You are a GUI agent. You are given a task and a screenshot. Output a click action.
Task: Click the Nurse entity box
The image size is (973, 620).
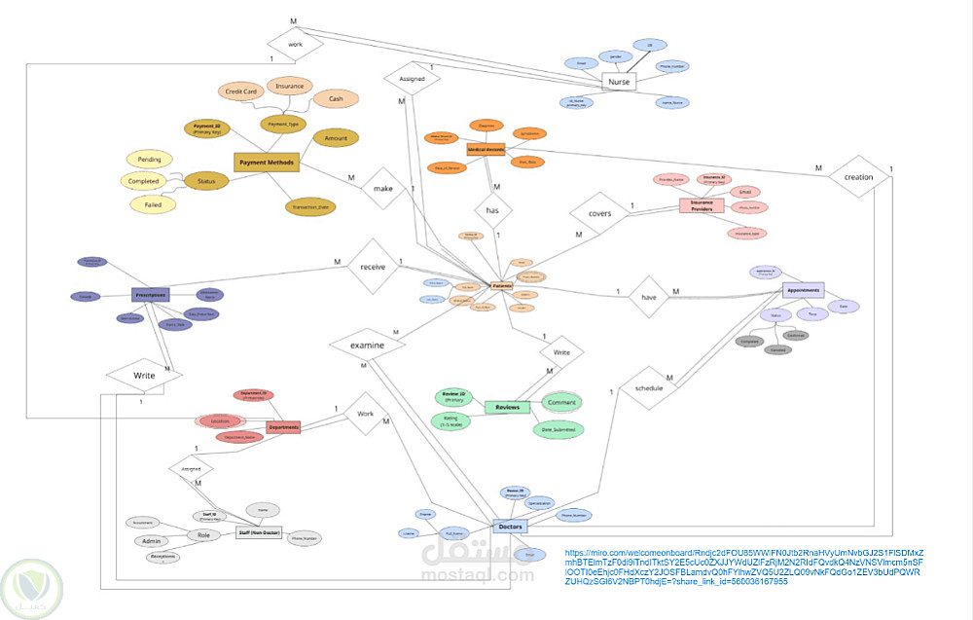618,83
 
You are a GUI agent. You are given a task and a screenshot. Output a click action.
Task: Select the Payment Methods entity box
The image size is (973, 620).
266,163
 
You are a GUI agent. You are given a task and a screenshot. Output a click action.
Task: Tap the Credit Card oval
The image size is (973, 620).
240,91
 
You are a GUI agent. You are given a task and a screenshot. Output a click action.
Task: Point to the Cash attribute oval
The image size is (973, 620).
336,98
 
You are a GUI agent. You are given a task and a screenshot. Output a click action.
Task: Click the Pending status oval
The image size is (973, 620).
150,159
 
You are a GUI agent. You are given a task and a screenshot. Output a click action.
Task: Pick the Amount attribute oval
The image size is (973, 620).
336,139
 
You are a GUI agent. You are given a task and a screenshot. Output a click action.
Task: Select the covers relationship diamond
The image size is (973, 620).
599,211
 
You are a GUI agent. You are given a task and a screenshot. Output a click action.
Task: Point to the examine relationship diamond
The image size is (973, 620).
367,346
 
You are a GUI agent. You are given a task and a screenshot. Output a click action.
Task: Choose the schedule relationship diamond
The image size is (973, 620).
649,387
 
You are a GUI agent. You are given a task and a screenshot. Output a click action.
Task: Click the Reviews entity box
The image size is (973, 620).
507,407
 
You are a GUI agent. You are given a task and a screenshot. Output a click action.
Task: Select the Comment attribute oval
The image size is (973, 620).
561,402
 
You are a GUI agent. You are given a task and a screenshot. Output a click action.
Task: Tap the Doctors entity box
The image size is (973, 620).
510,527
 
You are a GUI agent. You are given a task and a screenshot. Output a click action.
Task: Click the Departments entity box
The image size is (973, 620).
284,427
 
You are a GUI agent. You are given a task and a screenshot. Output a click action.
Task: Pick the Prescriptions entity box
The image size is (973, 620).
151,295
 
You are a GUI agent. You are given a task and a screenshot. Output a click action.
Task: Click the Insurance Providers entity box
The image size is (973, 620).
702,206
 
